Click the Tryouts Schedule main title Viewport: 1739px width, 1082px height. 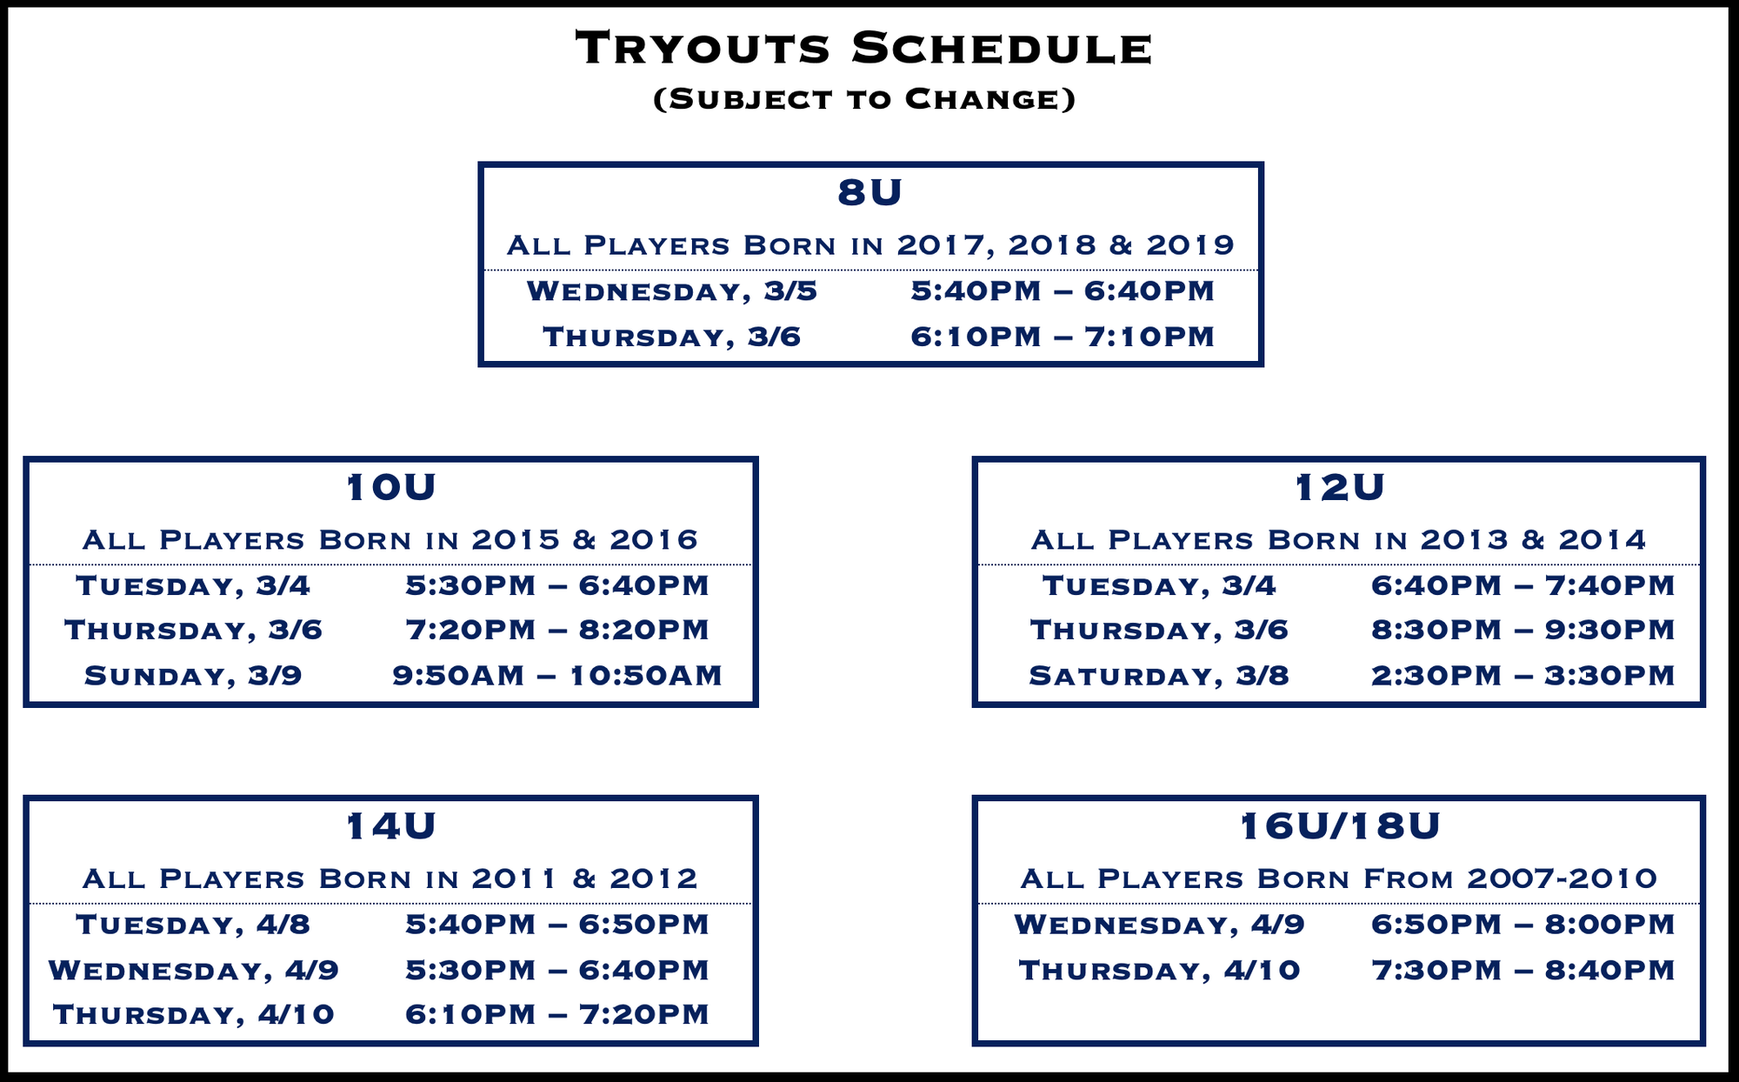(864, 48)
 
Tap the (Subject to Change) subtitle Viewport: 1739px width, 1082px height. (864, 99)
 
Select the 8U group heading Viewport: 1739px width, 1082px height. (869, 192)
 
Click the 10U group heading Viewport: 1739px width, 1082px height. (390, 488)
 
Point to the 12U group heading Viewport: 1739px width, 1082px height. (1339, 488)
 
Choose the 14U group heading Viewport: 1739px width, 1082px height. (390, 826)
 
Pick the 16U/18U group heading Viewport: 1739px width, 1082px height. (1339, 826)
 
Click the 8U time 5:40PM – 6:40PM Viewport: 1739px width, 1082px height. (1063, 291)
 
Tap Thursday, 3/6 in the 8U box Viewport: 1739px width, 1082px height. (671, 337)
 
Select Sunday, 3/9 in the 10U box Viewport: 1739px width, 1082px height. (193, 676)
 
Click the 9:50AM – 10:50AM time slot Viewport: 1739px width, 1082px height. (557, 676)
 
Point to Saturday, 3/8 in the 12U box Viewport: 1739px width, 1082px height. (1159, 676)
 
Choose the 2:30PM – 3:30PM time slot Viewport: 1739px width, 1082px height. (1523, 676)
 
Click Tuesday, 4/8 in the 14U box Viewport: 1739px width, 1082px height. (193, 925)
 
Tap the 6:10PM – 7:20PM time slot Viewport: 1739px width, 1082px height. (557, 1014)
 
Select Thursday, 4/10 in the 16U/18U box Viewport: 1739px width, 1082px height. (1159, 970)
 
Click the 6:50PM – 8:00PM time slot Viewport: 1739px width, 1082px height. (1523, 925)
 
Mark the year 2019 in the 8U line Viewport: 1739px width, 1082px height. (1190, 245)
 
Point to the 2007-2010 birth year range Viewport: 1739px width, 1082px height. (1562, 878)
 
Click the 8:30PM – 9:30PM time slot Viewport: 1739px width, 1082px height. (1523, 630)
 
